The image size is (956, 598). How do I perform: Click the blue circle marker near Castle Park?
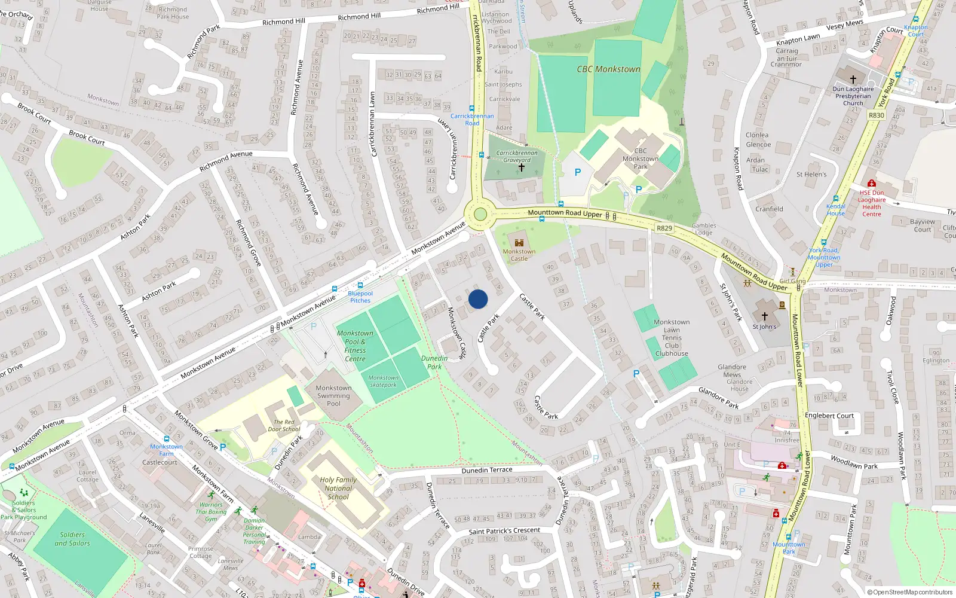[478, 299]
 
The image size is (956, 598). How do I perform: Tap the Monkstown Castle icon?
[519, 242]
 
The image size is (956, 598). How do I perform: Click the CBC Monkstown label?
[608, 69]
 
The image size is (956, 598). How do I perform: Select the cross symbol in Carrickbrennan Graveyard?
[521, 168]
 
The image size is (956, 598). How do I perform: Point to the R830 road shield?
[877, 115]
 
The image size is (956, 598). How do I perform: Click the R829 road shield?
[664, 228]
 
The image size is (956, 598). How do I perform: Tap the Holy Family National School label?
[338, 488]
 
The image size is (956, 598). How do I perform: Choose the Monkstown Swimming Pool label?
[333, 396]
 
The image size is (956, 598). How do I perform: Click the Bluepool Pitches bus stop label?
[360, 297]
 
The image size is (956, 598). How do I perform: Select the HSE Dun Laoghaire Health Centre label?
[872, 203]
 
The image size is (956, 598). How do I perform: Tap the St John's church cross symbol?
[764, 316]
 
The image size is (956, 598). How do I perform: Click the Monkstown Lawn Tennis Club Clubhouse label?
[672, 338]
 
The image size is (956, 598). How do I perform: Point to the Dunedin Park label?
[434, 362]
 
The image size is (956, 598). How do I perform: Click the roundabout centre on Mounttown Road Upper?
[480, 215]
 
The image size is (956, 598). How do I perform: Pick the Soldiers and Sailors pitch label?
[72, 539]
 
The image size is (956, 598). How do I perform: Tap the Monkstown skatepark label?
[383, 381]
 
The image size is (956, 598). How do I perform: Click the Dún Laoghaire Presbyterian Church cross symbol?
[853, 79]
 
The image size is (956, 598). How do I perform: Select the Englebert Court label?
[829, 416]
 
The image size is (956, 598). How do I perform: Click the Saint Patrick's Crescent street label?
[504, 530]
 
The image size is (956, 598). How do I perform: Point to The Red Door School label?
[284, 425]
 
